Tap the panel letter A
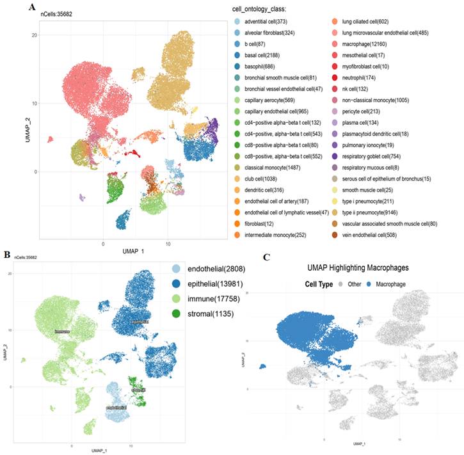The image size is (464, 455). pos(31,7)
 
